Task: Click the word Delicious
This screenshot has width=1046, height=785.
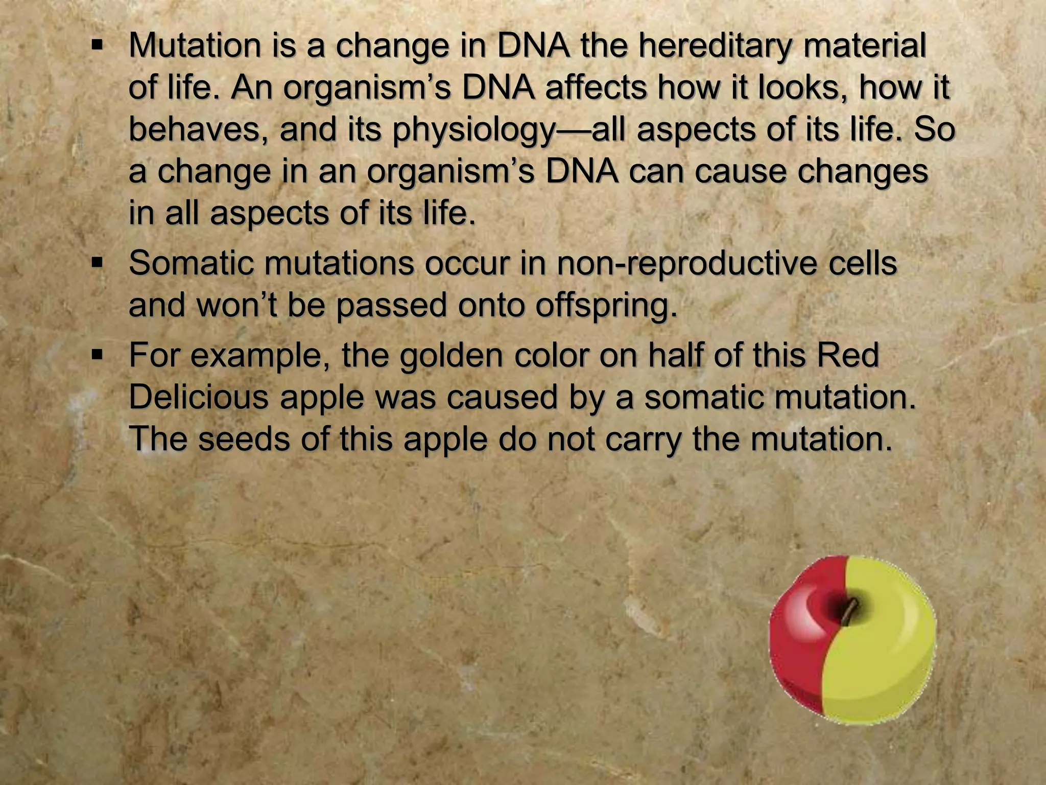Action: point(199,398)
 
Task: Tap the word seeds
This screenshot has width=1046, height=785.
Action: point(244,440)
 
